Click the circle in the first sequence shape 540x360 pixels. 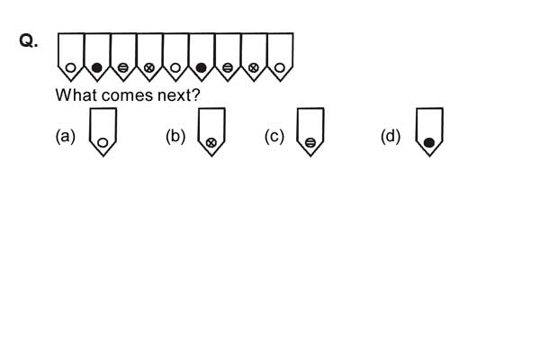pos(70,67)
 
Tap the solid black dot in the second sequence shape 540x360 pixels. pos(97,67)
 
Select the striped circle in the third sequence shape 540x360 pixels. pos(123,67)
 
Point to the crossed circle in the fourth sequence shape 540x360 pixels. pos(149,67)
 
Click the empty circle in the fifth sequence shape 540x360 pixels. pos(175,67)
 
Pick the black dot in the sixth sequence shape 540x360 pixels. pos(201,67)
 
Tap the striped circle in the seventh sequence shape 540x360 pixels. pos(228,67)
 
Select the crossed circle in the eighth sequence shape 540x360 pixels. pos(254,67)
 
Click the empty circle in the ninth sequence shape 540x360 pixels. pos(280,67)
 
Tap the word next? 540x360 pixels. pos(179,95)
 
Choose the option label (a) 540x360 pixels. pos(66,136)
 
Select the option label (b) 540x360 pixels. pos(175,136)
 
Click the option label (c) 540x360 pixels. pos(274,136)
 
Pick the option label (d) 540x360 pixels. pos(391,136)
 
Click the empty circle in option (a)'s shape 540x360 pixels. pos(103,142)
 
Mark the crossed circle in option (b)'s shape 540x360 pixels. pos(211,142)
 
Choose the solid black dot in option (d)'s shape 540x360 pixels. pos(429,142)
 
